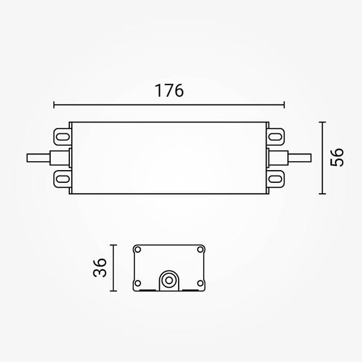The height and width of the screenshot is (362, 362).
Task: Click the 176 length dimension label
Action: coord(169,91)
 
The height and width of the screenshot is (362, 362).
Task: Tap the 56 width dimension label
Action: coord(337,157)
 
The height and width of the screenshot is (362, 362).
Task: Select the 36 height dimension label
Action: coord(100,267)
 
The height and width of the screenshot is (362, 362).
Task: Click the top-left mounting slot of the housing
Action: coord(63,137)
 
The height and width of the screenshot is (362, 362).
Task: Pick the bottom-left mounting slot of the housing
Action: coord(63,179)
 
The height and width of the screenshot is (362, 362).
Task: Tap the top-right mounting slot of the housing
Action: coord(276,137)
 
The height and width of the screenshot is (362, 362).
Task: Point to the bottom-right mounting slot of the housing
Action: coord(276,179)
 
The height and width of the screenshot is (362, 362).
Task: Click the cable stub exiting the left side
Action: coord(39,158)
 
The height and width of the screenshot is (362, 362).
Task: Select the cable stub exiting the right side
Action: coord(300,158)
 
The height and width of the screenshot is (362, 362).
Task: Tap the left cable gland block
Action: coord(60,158)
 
